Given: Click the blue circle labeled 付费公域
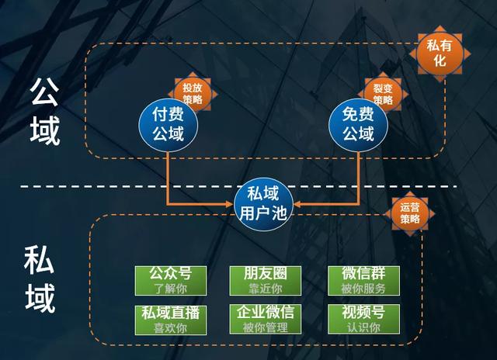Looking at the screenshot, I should point(168,124).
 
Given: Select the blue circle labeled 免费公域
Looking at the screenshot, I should point(358,124).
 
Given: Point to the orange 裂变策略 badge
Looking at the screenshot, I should point(383,93).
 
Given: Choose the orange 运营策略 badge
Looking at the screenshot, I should point(409,213).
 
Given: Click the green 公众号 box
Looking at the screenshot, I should point(169,280).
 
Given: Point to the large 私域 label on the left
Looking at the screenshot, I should point(40,279).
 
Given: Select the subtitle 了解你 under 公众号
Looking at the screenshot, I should point(169,289).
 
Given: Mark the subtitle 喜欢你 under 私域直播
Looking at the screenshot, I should point(169,327).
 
